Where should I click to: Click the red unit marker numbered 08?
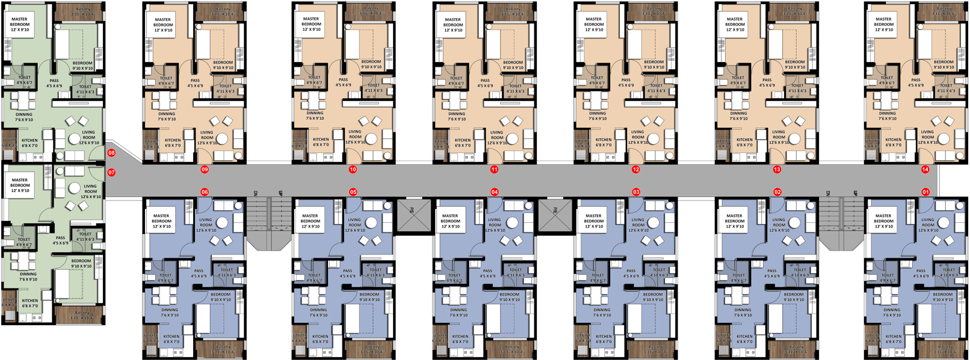pyautogui.click(x=111, y=153)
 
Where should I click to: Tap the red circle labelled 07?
pyautogui.click(x=111, y=173)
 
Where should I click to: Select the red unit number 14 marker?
pyautogui.click(x=925, y=170)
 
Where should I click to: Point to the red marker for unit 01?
pyautogui.click(x=925, y=192)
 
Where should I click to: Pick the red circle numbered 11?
pyautogui.click(x=494, y=170)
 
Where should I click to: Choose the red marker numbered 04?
pyautogui.click(x=495, y=192)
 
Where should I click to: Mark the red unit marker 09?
pyautogui.click(x=205, y=170)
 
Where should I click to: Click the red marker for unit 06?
pyautogui.click(x=205, y=192)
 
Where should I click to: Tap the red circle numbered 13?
pyautogui.click(x=777, y=170)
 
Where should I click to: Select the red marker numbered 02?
pyautogui.click(x=777, y=192)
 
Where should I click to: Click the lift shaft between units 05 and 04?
pyautogui.click(x=414, y=215)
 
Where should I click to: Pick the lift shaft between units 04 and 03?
pyautogui.click(x=555, y=215)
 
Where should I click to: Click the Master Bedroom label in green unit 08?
pyautogui.click(x=19, y=24)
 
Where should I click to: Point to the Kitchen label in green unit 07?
pyautogui.click(x=30, y=303)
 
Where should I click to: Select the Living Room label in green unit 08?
pyautogui.click(x=88, y=137)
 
